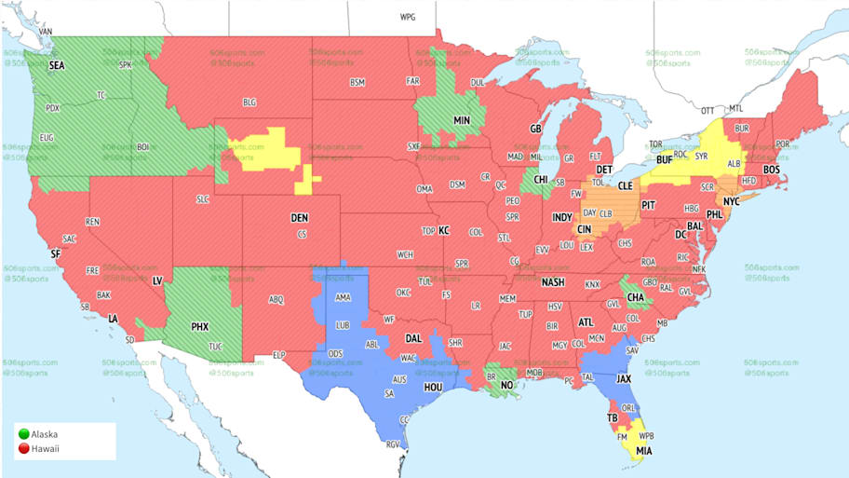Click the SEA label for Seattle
point(58,65)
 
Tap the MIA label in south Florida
point(642,451)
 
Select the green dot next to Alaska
point(22,435)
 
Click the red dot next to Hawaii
point(22,448)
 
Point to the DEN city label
point(299,218)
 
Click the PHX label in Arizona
point(199,327)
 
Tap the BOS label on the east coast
point(772,171)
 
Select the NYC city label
point(731,201)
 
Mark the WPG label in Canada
point(408,18)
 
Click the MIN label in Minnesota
point(461,121)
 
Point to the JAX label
point(625,379)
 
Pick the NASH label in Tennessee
point(553,282)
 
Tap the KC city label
point(444,230)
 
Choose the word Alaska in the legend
point(44,435)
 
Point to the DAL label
point(412,338)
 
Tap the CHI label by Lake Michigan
point(540,180)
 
